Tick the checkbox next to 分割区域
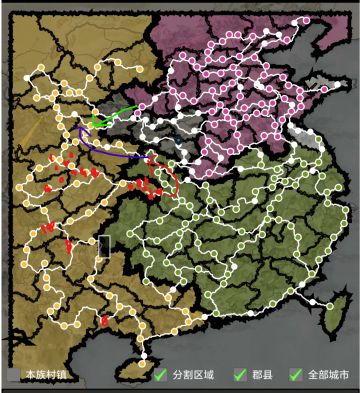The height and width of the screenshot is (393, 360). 160,375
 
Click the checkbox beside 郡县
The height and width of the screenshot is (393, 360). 239,375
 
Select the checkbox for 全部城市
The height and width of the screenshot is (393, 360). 295,375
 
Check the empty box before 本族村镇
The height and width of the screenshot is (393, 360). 14,375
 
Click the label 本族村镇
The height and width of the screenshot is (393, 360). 45,375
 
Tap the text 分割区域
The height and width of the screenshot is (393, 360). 193,375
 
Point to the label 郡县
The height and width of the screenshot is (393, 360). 262,375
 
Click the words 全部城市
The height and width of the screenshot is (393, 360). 328,375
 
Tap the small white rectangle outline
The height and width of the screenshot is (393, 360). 103,246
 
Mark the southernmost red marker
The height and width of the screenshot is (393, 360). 104,322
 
